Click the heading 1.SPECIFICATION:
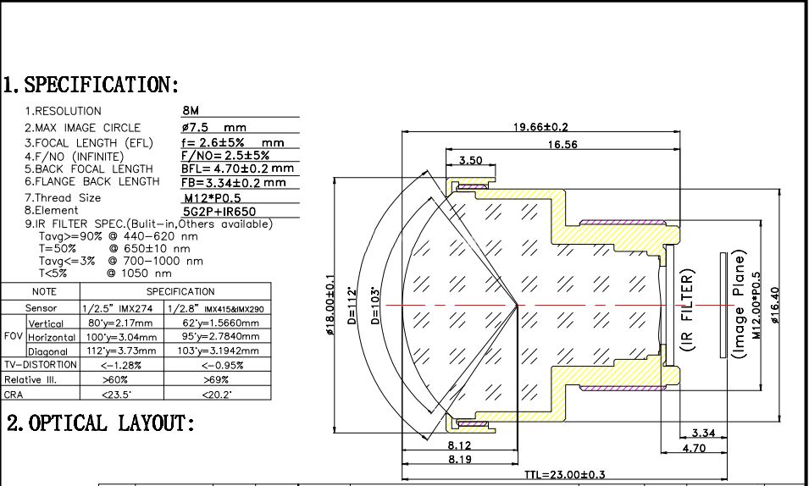pos(91,85)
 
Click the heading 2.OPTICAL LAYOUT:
pos(101,422)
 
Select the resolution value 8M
pos(191,111)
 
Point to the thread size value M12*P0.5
pos(212,197)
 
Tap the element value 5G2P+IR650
pos(219,212)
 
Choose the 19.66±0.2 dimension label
pos(541,127)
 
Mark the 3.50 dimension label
pos(471,160)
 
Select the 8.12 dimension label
pos(458,444)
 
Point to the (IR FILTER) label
pos(688,310)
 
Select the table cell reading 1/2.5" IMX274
pos(121,309)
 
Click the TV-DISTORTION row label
pos(40,365)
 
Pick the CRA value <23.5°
pos(121,395)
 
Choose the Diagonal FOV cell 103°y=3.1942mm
pos(219,351)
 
